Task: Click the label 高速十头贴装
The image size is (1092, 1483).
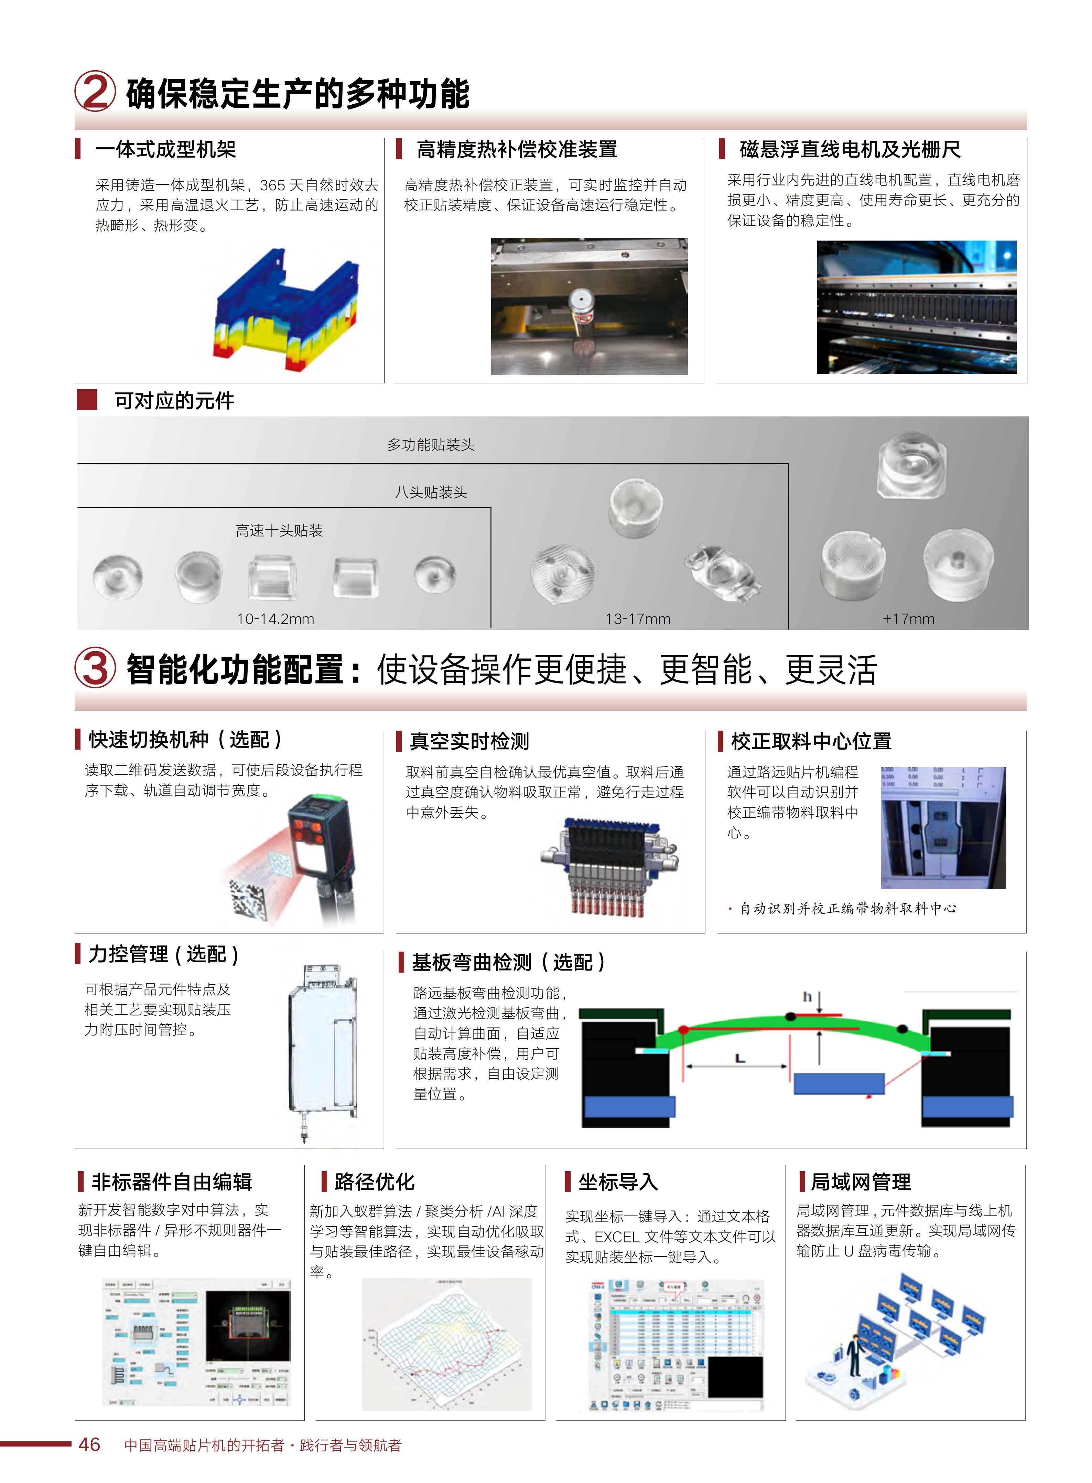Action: tap(279, 530)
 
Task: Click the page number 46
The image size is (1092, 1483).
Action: tap(89, 1445)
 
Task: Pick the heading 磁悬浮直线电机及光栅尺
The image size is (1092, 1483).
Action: tap(850, 149)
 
